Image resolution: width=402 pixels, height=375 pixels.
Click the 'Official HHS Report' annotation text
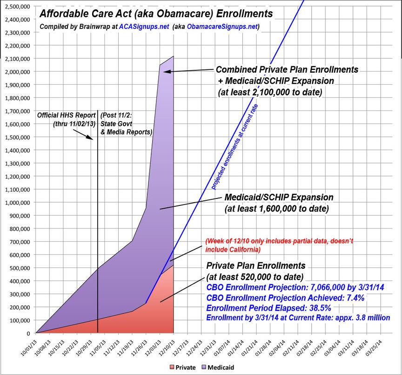tap(66, 115)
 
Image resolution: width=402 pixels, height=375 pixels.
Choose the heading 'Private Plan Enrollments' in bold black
tap(255, 266)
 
